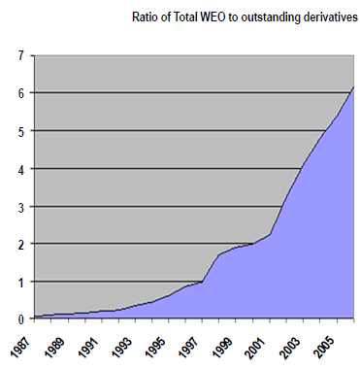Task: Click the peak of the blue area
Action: pyautogui.click(x=353, y=88)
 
